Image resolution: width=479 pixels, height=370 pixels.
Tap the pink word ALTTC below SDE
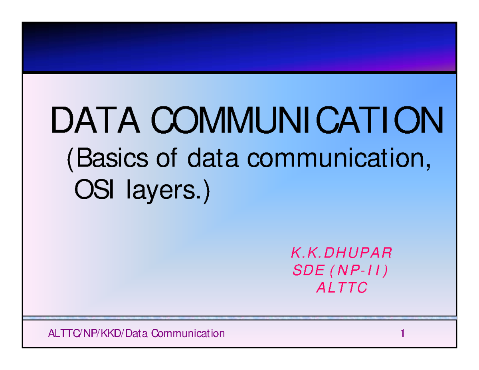pos(341,288)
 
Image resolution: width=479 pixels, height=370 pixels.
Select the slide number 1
pos(403,333)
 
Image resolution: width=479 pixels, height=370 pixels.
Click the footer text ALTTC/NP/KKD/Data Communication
pos(136,333)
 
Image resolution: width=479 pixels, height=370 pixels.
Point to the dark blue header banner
pos(239,47)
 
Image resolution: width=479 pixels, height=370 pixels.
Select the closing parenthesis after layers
pos(206,193)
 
